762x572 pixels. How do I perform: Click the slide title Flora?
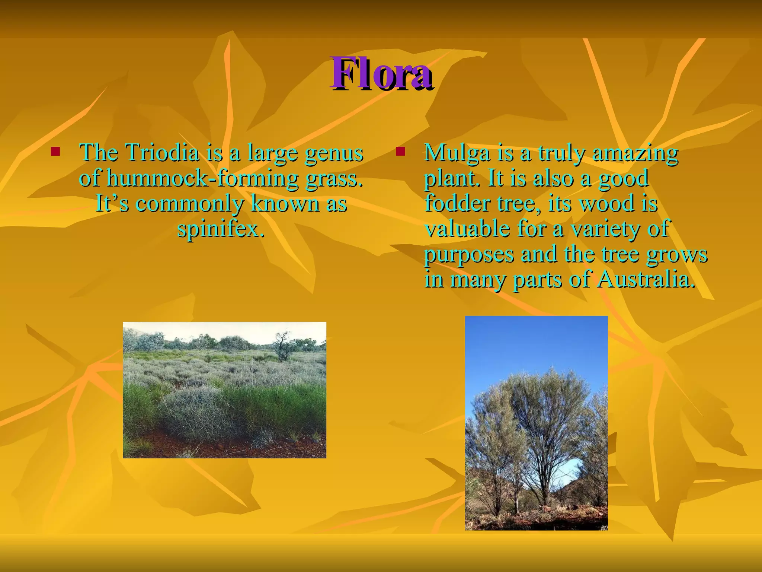(381, 74)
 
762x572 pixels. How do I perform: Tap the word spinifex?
(221, 229)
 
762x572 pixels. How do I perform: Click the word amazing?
(635, 153)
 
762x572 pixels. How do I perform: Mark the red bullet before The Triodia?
(55, 151)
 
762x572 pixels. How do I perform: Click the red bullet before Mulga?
(400, 151)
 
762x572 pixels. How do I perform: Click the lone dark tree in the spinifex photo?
(282, 346)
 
